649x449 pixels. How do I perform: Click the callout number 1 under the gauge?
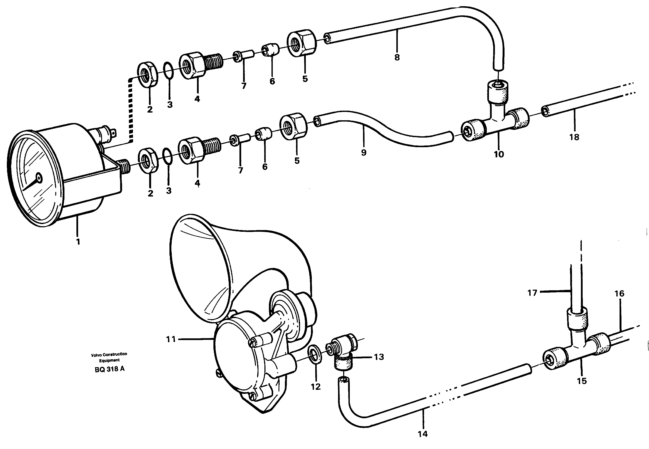78,241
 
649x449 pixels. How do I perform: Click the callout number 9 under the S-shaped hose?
363,153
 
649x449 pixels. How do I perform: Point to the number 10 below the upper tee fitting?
499,154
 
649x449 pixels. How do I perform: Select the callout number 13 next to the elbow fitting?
379,357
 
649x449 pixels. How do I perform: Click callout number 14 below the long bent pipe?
422,434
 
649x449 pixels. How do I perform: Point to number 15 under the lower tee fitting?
582,381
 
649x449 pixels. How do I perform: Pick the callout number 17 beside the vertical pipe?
532,293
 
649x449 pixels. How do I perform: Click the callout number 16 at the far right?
619,294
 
